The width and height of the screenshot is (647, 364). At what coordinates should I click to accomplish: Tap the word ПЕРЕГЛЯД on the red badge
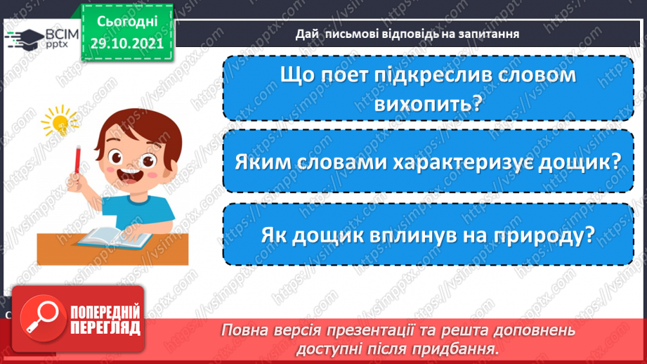106,327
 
